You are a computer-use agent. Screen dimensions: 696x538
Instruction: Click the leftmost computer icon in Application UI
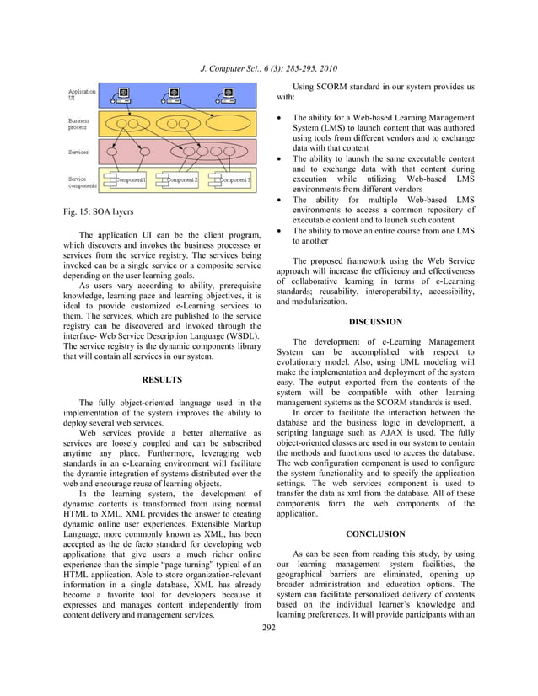point(123,95)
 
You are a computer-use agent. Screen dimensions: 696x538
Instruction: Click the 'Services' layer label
point(79,153)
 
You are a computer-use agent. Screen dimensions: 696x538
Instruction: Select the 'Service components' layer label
point(81,182)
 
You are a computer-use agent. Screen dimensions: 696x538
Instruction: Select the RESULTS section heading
point(162,380)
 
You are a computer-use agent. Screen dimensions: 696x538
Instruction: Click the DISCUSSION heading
point(375,321)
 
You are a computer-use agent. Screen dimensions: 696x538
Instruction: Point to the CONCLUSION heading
point(375,533)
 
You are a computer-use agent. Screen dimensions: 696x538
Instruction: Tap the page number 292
point(269,628)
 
